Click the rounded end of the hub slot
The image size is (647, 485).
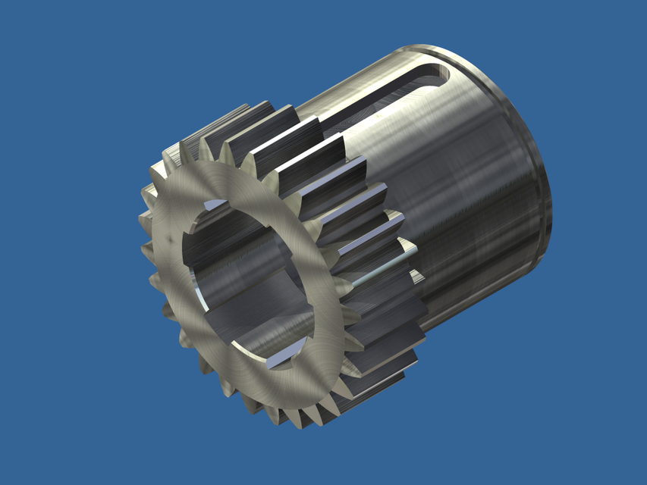(438, 72)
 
